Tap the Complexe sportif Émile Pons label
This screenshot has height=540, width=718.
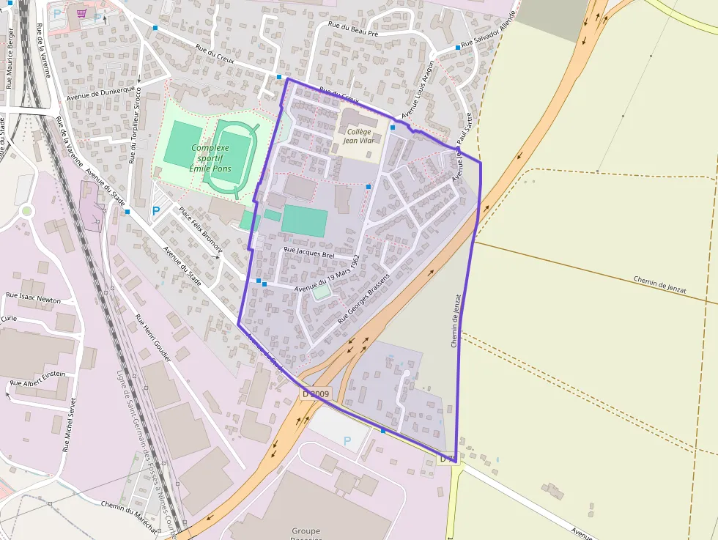[x=210, y=158]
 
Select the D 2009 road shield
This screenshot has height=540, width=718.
[x=316, y=394]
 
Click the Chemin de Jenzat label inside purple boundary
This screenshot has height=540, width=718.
[x=456, y=320]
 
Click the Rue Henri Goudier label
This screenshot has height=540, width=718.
[x=153, y=338]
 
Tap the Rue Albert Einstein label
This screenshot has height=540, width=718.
[x=37, y=378]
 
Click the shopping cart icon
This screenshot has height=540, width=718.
[x=81, y=13]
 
